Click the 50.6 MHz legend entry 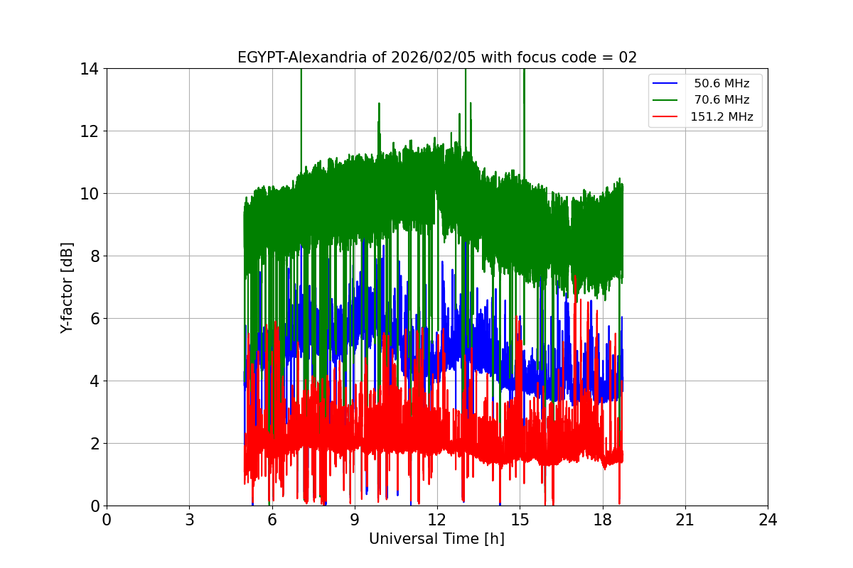pyautogui.click(x=721, y=84)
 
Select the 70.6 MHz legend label pyautogui.click(x=721, y=100)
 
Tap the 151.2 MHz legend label pyautogui.click(x=721, y=117)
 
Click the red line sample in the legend pyautogui.click(x=665, y=117)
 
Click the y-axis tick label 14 pyautogui.click(x=89, y=69)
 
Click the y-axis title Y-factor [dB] pyautogui.click(x=67, y=287)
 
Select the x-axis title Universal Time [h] pyautogui.click(x=436, y=539)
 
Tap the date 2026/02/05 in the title pyautogui.click(x=434, y=58)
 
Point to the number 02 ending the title pyautogui.click(x=627, y=58)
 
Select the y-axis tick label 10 pyautogui.click(x=89, y=194)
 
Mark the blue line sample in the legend pyautogui.click(x=665, y=84)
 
